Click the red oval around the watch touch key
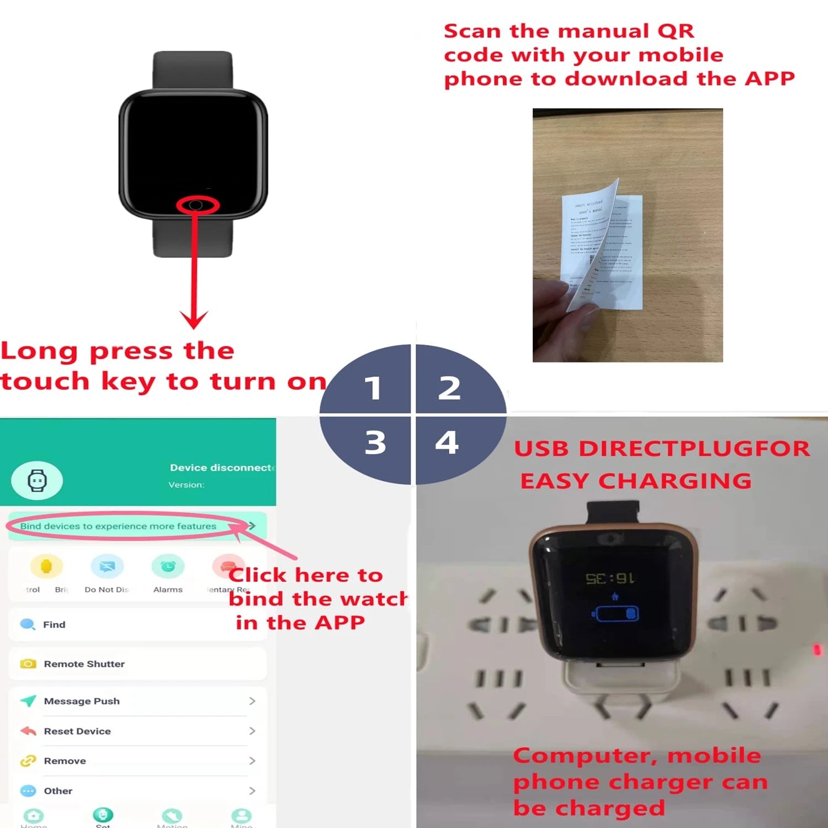coord(198,205)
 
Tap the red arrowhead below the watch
coord(194,319)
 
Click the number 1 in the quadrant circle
coord(373,388)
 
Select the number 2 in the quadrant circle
coord(449,388)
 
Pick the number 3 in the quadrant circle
coord(375,443)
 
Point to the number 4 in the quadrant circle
coord(447,443)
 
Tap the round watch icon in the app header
coord(37,481)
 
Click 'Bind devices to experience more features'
coord(118,526)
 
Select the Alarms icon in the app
coord(168,566)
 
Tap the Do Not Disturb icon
coord(107,566)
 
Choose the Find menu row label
coord(54,624)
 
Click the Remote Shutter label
coord(84,664)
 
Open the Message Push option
coord(82,701)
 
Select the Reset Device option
coord(77,731)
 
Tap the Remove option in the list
coord(65,761)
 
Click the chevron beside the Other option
coord(252,791)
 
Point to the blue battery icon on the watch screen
coord(617,614)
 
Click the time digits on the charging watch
coord(610,578)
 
